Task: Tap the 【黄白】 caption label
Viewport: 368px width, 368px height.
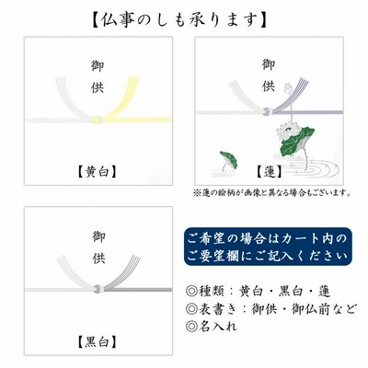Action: pos(98,172)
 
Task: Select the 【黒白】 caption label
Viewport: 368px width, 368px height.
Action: pos(98,341)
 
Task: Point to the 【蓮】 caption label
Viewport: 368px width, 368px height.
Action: pos(269,172)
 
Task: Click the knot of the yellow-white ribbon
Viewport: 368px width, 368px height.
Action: pos(98,120)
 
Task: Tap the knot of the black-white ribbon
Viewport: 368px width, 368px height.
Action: pos(98,289)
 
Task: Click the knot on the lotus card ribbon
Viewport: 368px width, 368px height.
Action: pos(268,111)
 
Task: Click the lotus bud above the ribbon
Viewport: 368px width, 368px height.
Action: pos(287,89)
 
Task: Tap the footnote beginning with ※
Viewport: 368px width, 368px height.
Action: pos(272,193)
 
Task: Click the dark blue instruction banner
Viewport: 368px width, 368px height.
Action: pos(268,247)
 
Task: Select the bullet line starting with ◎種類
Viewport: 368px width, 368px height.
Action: pos(258,291)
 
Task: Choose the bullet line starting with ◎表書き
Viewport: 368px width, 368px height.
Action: pos(271,308)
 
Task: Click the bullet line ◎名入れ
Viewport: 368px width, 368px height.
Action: pos(211,326)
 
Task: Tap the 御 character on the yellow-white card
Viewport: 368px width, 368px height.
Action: pos(98,66)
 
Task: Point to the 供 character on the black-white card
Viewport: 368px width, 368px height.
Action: pos(99,259)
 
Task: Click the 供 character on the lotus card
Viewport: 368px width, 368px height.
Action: pos(269,86)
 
